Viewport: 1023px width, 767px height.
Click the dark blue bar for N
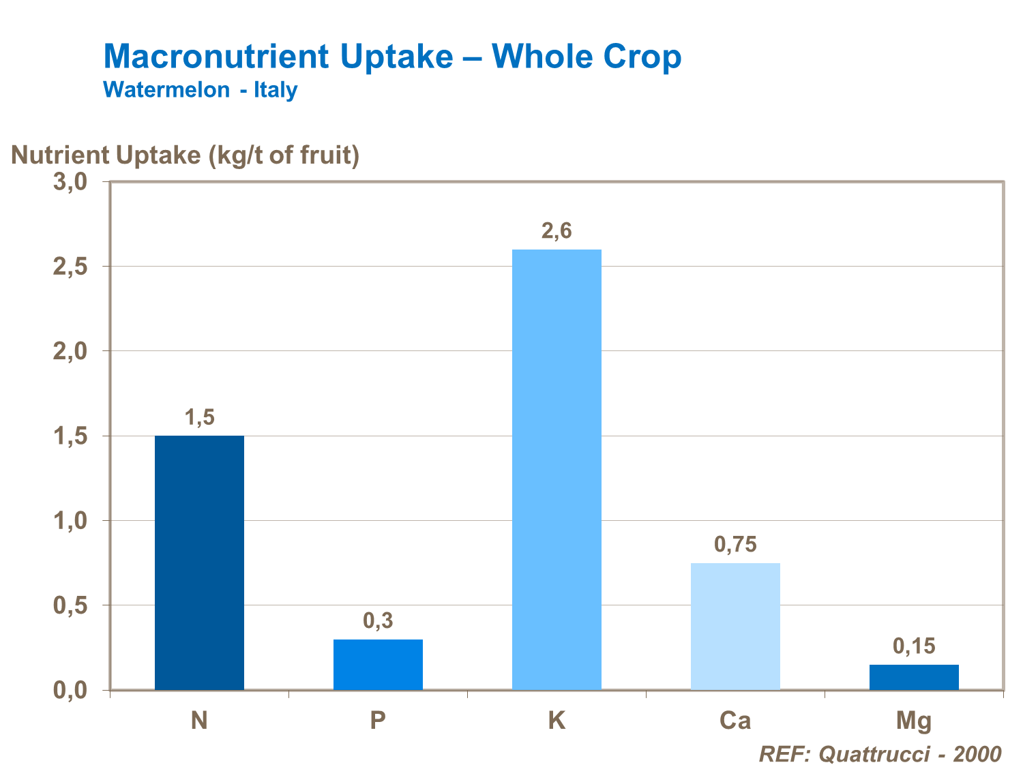pos(199,562)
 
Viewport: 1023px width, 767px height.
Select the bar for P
pos(378,664)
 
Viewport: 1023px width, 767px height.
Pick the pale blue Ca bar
pos(735,626)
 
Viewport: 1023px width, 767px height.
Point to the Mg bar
pos(914,677)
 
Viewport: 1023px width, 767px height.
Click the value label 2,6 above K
pos(557,232)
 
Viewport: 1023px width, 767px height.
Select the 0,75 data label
pos(735,545)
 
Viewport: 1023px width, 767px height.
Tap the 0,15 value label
pos(914,646)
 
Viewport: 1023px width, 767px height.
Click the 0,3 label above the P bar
pos(378,621)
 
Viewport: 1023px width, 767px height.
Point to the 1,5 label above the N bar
pos(199,417)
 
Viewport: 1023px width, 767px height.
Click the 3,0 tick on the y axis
pos(70,182)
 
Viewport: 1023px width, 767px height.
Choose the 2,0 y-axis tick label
pos(70,352)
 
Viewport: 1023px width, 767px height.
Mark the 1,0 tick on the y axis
pos(70,522)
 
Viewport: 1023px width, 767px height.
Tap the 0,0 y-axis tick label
pos(70,691)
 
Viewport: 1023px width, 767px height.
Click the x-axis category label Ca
pos(735,721)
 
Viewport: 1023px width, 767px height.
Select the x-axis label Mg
pos(914,721)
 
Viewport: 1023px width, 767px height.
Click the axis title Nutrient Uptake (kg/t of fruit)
pos(185,155)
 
